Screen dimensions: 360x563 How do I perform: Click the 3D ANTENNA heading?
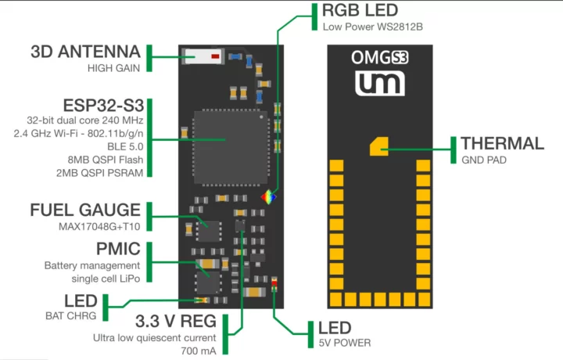(x=85, y=52)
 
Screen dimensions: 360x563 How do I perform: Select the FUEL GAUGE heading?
(x=85, y=211)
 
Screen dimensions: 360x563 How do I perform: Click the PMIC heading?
(x=118, y=250)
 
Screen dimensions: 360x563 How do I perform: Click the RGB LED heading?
(x=360, y=11)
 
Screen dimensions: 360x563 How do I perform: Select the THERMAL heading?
(x=502, y=143)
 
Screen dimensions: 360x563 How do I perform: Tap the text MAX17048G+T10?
(x=100, y=227)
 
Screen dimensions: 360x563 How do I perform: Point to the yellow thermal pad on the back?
(x=379, y=145)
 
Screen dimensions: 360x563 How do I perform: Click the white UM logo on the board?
(x=379, y=84)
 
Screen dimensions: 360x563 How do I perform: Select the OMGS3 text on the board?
(x=379, y=58)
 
